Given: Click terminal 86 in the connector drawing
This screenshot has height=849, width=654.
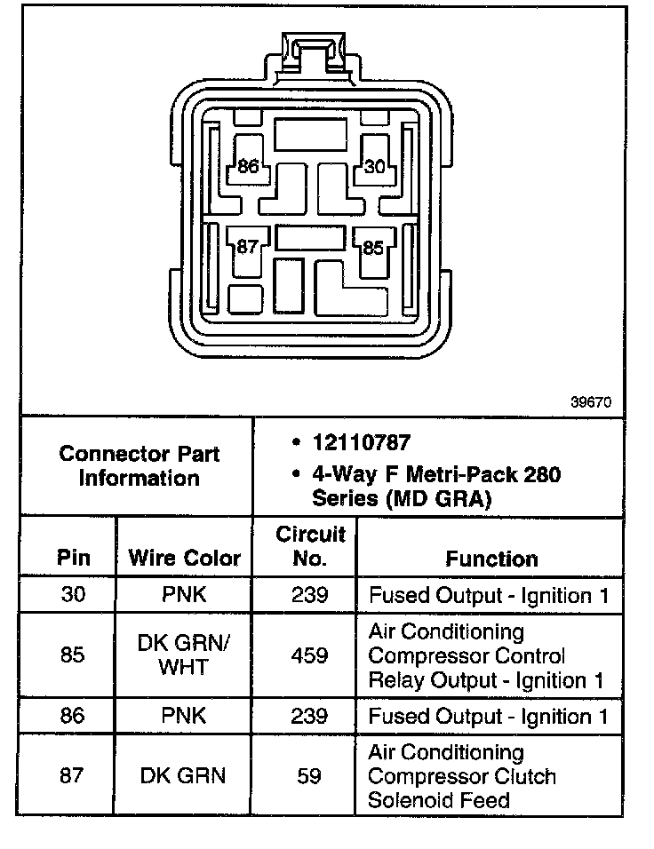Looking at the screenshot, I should point(248,167).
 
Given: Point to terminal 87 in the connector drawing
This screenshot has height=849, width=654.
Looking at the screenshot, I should point(247,247).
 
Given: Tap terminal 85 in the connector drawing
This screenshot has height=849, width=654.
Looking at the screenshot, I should point(373,248).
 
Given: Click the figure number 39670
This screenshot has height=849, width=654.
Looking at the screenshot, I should point(590,401).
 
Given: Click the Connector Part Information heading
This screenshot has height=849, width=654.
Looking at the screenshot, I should point(139,466).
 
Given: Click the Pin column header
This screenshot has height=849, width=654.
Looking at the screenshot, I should point(73,559).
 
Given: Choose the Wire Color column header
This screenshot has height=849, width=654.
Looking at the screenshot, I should point(184,559).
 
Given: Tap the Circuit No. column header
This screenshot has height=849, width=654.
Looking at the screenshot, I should point(309,547).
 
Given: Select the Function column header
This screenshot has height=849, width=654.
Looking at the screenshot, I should point(491,559).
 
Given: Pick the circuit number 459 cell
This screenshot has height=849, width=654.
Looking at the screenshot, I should point(309,655).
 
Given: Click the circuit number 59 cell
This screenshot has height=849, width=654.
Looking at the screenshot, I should point(309,776).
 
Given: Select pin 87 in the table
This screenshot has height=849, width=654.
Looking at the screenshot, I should point(73,776).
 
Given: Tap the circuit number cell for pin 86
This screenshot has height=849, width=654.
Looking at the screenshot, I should point(309,716).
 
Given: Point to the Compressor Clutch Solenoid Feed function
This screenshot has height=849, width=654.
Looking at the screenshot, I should point(462,777).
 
